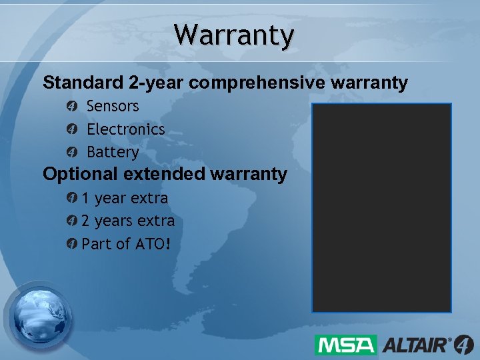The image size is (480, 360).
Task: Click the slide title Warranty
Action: [x=233, y=35]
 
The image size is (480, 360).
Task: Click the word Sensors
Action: [x=113, y=106]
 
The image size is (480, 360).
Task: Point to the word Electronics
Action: [x=125, y=129]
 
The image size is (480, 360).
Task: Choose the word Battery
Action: [x=113, y=152]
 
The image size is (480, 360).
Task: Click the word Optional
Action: [x=79, y=175]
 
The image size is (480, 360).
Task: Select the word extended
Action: [x=163, y=175]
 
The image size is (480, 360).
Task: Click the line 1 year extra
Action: [x=125, y=198]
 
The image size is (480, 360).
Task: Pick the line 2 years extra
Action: [x=128, y=221]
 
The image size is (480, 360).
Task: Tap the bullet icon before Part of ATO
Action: [x=72, y=244]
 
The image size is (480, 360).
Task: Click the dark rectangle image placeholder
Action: [x=382, y=208]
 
